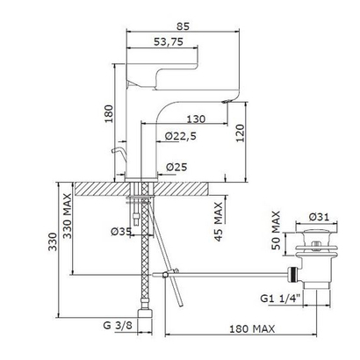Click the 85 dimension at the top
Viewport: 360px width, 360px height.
(x=183, y=26)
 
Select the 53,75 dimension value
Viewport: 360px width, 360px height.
(x=169, y=42)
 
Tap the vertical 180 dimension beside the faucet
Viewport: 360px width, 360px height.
(x=108, y=114)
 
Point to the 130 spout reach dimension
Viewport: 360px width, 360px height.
(x=196, y=119)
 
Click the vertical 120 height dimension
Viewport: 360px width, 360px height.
(x=240, y=133)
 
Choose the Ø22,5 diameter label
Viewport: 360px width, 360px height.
(x=181, y=136)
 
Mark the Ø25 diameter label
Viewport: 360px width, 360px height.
(x=176, y=167)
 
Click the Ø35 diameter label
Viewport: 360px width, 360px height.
(x=121, y=232)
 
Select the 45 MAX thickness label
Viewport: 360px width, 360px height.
(x=219, y=221)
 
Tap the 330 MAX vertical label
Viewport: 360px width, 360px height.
(x=68, y=216)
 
